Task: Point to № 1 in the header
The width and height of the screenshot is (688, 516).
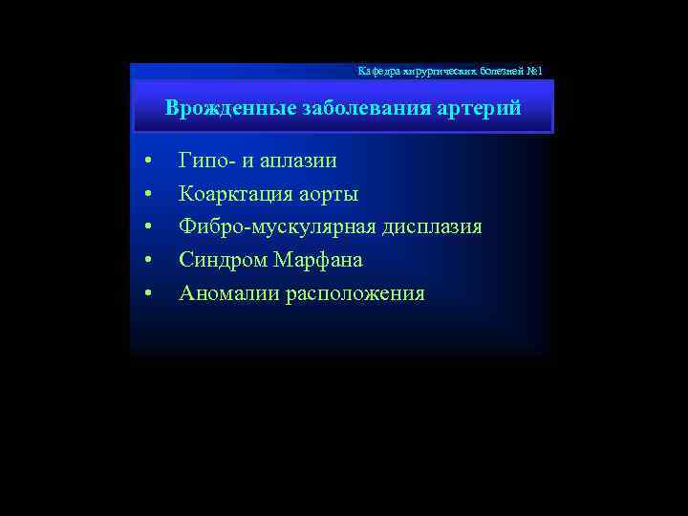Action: (x=533, y=72)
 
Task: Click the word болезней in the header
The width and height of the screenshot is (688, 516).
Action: (x=495, y=72)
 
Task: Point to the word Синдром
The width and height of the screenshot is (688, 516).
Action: (x=223, y=260)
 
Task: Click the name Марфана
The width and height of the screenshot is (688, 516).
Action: (x=318, y=260)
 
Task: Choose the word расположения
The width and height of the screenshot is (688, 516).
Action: (x=355, y=293)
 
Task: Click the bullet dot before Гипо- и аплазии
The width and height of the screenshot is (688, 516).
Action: (x=148, y=161)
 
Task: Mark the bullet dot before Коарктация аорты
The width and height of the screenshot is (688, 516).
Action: (x=148, y=194)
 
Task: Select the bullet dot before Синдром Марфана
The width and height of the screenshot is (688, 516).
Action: (x=148, y=260)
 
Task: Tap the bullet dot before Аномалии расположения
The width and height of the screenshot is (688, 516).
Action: (x=148, y=292)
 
